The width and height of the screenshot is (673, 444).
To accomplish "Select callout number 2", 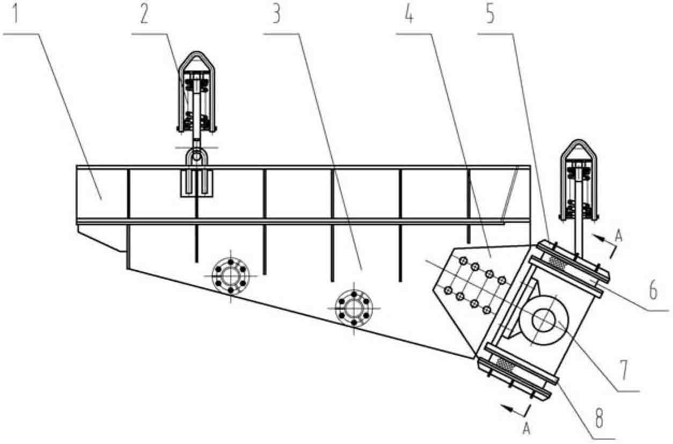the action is [x=144, y=14].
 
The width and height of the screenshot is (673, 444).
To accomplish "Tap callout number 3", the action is [x=276, y=14].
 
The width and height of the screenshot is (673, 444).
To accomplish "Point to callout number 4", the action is [x=408, y=14].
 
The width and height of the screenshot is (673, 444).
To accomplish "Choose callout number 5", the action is [x=490, y=14].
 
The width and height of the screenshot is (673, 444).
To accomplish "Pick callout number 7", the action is [x=624, y=370].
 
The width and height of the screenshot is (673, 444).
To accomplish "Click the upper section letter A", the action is [x=619, y=236].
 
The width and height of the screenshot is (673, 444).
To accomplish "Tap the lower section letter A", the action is [x=526, y=428].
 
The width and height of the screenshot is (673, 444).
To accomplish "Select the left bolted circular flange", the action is [x=230, y=276].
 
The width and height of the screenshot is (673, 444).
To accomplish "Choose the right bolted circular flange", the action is [x=354, y=308].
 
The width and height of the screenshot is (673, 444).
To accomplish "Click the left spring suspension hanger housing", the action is [x=196, y=92].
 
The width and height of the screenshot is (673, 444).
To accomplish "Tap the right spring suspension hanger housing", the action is [x=579, y=180].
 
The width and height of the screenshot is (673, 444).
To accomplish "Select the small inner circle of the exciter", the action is [x=543, y=320].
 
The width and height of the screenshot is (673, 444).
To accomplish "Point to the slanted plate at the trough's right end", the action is [x=510, y=195].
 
